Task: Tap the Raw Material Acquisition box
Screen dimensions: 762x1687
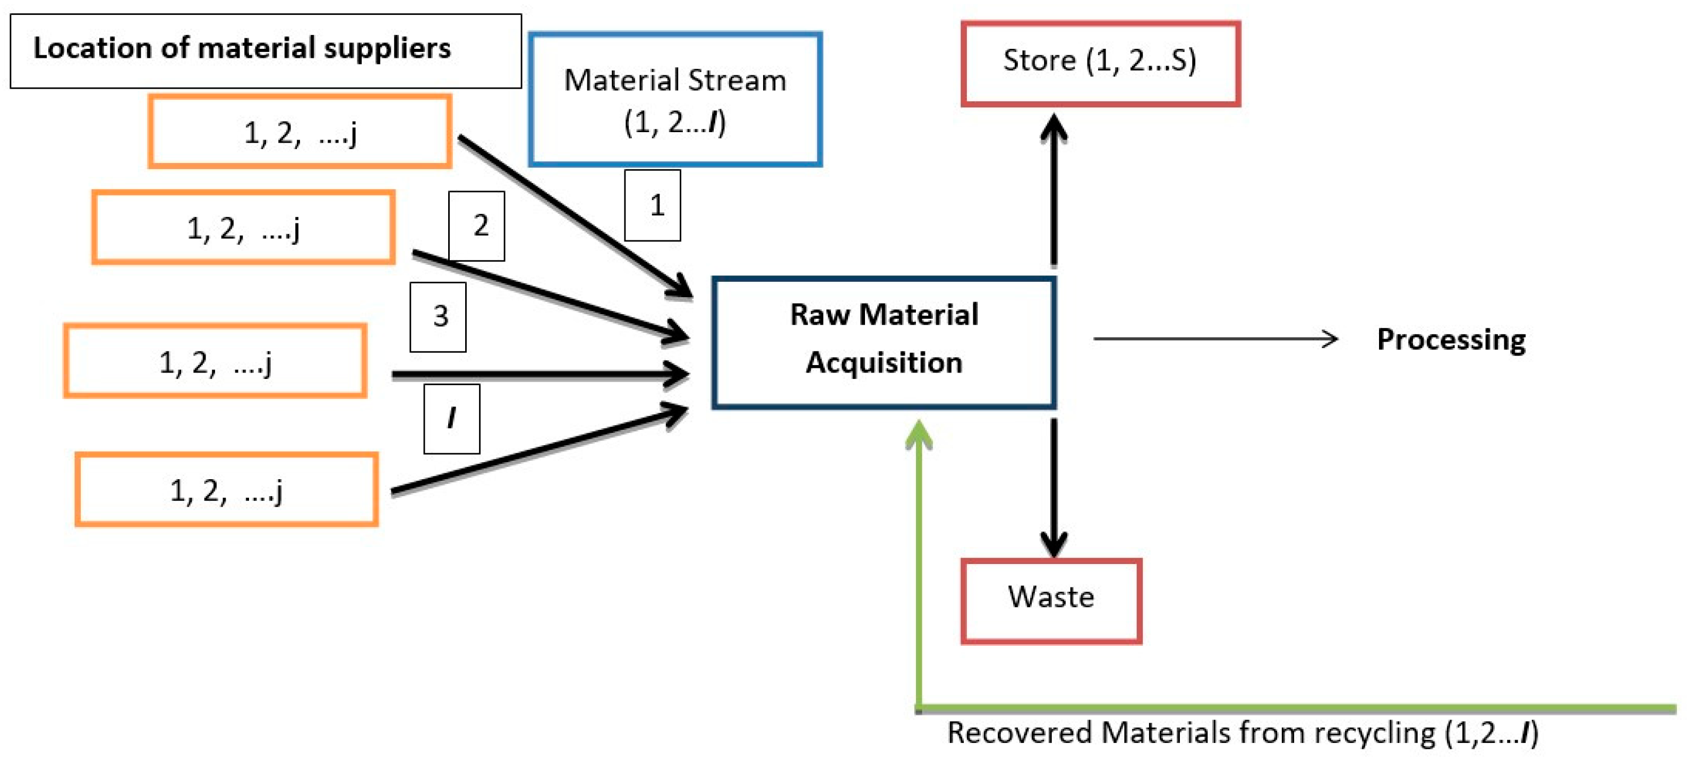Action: click(x=884, y=342)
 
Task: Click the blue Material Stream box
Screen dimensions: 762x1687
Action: click(x=675, y=99)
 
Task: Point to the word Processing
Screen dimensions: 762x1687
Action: click(x=1451, y=340)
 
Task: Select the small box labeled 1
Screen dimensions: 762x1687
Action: click(x=652, y=205)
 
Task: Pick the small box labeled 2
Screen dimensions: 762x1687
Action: click(x=477, y=226)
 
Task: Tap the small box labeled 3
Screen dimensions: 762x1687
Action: click(x=438, y=317)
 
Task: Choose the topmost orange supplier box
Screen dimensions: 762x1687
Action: click(x=299, y=132)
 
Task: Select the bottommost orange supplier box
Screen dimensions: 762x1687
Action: click(x=227, y=489)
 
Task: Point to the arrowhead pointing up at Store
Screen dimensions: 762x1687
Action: click(x=1054, y=126)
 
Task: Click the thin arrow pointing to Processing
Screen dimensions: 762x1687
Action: click(x=1215, y=339)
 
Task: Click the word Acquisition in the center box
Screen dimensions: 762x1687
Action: click(x=884, y=362)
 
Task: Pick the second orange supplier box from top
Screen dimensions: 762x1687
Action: click(x=243, y=227)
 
